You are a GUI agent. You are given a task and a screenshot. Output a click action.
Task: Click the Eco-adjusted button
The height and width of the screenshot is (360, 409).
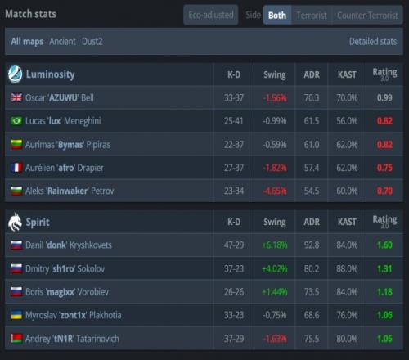pos(211,15)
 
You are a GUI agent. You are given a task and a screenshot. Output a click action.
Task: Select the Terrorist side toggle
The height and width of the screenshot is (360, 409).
pos(312,16)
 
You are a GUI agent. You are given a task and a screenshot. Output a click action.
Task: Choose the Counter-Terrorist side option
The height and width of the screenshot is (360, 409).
pos(367,16)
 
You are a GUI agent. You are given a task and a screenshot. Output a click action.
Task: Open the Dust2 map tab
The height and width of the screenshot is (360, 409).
pos(92,42)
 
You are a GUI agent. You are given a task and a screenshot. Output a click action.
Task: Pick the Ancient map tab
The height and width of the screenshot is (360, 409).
pos(62,42)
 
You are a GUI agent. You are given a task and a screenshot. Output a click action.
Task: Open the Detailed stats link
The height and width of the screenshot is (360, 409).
pos(373,42)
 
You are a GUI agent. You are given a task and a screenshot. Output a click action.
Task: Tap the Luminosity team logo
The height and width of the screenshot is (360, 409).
pos(15,74)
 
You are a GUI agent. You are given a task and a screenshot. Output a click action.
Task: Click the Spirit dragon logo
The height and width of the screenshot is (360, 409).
pos(15,222)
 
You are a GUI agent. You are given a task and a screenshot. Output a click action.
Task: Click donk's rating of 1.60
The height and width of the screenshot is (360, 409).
pos(384,245)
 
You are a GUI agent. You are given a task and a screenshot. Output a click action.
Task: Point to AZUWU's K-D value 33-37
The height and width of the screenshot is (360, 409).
pos(234,97)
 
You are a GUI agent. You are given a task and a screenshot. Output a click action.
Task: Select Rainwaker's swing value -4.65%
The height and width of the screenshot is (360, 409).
pos(275,191)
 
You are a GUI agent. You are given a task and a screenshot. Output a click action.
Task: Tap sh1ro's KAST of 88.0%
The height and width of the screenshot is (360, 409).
pos(347,268)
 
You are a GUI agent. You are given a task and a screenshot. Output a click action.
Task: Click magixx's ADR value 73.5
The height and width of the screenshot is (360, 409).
pos(312,292)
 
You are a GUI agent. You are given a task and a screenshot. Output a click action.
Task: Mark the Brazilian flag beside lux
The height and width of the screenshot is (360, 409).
pos(16,120)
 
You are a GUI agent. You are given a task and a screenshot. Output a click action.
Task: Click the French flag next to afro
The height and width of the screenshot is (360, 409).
pos(16,168)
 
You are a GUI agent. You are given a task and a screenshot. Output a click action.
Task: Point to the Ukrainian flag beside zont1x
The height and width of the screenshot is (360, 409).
pos(16,315)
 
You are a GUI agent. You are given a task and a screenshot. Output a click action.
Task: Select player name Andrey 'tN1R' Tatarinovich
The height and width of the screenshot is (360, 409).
pos(72,339)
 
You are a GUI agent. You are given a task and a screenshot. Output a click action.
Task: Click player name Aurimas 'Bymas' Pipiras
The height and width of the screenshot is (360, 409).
pos(68,145)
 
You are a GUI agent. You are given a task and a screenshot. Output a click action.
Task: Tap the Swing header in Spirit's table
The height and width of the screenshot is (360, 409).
pos(275,223)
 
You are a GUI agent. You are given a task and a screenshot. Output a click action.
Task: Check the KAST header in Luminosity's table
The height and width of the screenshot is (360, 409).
pos(347,74)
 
